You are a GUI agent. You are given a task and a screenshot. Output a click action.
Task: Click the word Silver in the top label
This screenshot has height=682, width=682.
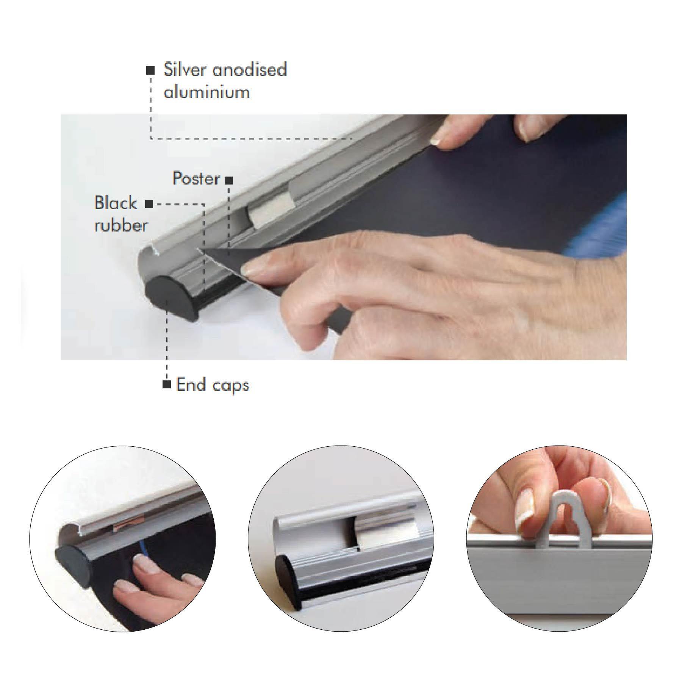pyautogui.click(x=186, y=69)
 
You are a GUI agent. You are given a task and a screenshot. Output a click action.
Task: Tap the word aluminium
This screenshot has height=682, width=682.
pyautogui.click(x=206, y=92)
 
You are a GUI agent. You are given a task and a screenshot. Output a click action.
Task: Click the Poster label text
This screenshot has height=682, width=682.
pyautogui.click(x=196, y=178)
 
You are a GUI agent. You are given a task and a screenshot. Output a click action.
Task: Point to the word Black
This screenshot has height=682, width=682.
pyautogui.click(x=115, y=203)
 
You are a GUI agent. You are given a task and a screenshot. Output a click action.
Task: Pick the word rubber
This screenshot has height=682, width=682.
pyautogui.click(x=121, y=225)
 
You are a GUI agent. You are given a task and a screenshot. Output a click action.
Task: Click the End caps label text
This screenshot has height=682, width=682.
pyautogui.click(x=213, y=385)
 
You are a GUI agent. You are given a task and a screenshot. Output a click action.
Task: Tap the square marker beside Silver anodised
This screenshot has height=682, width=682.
pyautogui.click(x=150, y=70)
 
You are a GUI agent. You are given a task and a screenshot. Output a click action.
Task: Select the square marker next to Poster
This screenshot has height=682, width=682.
pyautogui.click(x=229, y=181)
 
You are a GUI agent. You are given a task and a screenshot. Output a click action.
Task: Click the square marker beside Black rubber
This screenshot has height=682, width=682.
pyautogui.click(x=149, y=204)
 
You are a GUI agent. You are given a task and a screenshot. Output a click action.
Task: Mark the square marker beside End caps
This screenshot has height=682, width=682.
pyautogui.click(x=166, y=384)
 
